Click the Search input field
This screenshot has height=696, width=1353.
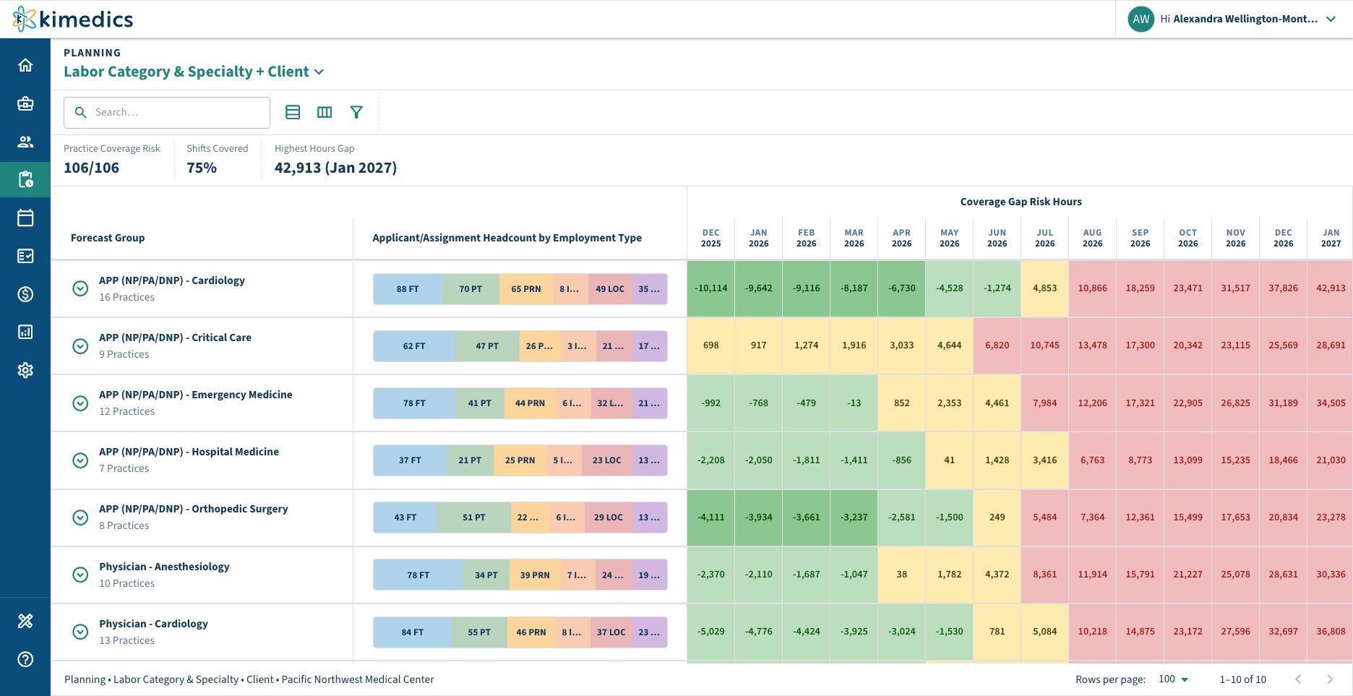click(x=167, y=113)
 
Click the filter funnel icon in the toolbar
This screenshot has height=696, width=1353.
click(x=356, y=112)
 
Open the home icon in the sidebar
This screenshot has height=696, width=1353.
click(x=25, y=65)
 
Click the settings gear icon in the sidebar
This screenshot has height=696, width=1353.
click(x=25, y=370)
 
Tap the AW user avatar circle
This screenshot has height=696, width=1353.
click(x=1141, y=20)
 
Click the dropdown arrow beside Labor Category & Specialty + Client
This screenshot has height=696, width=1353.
click(x=319, y=72)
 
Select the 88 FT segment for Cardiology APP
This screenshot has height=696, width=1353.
click(x=408, y=289)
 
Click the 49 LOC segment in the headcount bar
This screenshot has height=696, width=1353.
click(x=610, y=289)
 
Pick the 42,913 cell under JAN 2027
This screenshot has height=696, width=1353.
click(x=1331, y=288)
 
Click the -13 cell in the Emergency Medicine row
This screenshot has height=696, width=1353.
click(x=854, y=403)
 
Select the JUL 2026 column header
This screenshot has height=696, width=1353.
click(x=1045, y=238)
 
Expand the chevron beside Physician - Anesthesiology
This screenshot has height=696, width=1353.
click(x=80, y=575)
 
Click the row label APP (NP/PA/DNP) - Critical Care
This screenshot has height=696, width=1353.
click(x=176, y=338)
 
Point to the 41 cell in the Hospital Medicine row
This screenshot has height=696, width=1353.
click(x=950, y=460)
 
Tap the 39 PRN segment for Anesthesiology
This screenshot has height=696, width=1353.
click(x=535, y=575)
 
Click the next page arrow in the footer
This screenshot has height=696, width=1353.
click(x=1330, y=679)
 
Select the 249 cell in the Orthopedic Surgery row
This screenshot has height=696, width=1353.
click(x=997, y=517)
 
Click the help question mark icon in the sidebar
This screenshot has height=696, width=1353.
click(x=25, y=659)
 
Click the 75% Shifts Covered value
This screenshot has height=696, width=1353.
click(x=202, y=168)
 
